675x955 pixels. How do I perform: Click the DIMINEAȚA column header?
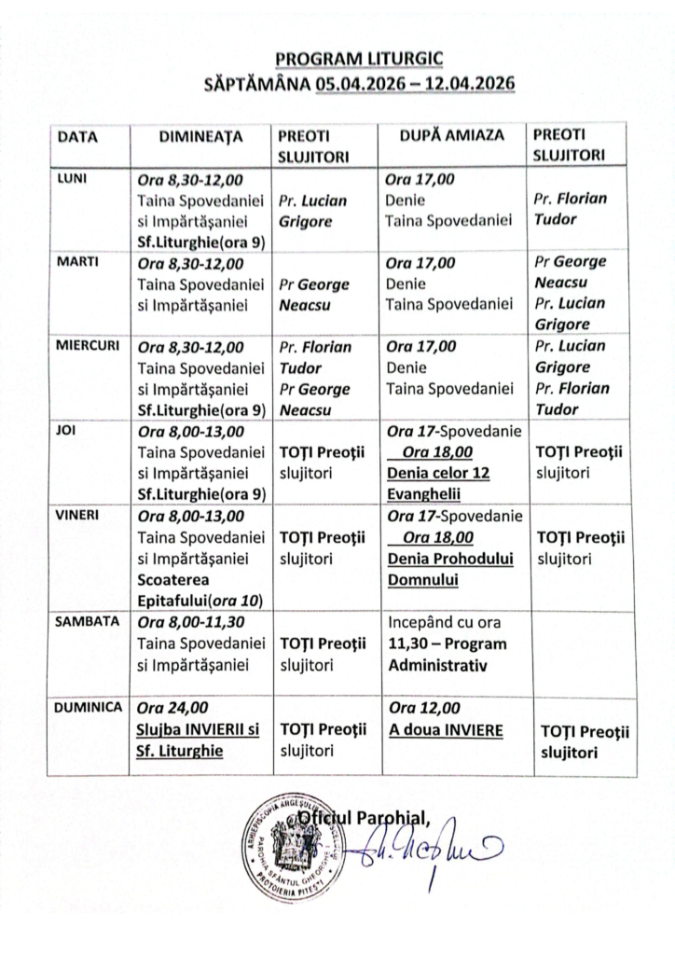pos(200,136)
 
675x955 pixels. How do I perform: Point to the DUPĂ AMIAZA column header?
pos(451,136)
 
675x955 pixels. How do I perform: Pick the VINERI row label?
pos(78,514)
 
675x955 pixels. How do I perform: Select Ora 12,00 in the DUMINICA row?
pos(421,708)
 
